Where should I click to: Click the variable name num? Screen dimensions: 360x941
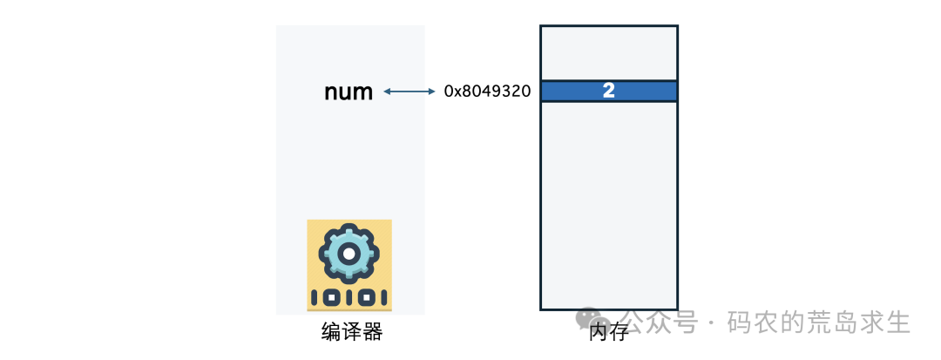[349, 92]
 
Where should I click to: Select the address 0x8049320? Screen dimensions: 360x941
[487, 91]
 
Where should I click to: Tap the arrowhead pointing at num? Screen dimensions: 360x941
[386, 91]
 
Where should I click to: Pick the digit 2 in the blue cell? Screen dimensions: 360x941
[609, 91]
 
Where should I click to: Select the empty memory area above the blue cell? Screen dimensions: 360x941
[609, 52]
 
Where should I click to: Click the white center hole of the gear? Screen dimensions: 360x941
[349, 253]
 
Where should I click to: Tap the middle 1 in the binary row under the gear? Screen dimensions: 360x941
[349, 297]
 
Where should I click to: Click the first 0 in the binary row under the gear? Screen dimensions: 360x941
[331, 297]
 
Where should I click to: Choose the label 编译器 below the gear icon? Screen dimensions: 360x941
[351, 332]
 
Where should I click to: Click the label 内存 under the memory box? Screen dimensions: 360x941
[608, 333]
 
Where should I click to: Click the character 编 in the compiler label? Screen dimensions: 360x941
[331, 332]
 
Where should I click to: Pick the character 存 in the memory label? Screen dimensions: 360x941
[619, 333]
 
